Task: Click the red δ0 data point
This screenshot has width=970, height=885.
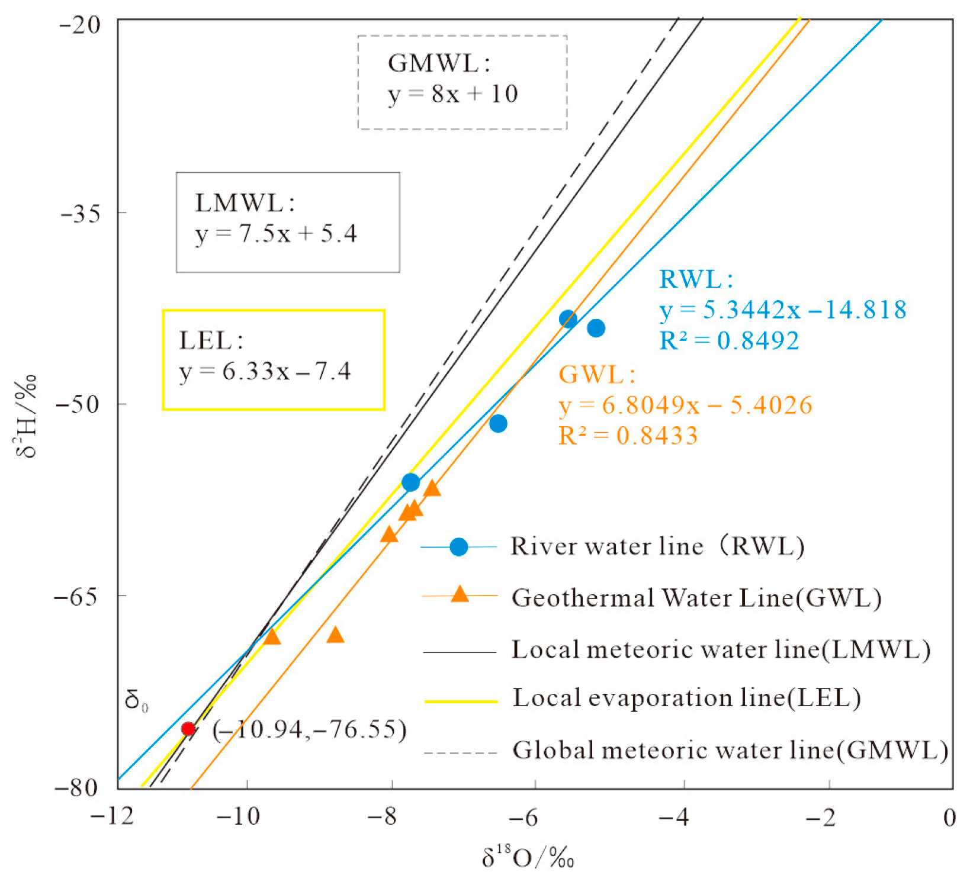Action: [188, 728]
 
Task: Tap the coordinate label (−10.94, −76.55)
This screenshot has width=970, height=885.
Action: [310, 729]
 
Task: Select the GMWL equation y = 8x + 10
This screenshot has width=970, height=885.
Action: [453, 94]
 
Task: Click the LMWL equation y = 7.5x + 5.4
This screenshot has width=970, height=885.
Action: [276, 234]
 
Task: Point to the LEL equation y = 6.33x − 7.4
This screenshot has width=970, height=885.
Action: [265, 372]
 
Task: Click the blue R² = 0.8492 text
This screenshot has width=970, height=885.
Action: [729, 340]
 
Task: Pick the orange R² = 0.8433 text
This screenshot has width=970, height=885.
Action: [628, 436]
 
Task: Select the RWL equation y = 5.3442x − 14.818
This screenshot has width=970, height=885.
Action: [782, 310]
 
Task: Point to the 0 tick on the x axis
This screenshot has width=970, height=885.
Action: [949, 818]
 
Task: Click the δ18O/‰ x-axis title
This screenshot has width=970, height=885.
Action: [528, 857]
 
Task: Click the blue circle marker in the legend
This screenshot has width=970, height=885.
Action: [458, 547]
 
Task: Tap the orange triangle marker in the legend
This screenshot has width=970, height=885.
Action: [460, 594]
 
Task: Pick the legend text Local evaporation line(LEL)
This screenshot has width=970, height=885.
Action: [686, 698]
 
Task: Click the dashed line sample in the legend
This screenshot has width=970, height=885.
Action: [460, 753]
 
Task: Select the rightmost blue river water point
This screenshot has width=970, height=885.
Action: [596, 328]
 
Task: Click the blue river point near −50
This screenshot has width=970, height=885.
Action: [498, 423]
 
